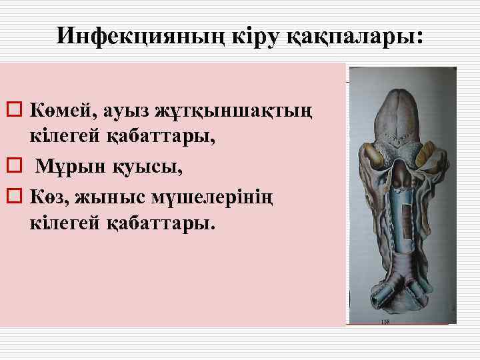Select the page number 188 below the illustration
coord(385,321)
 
